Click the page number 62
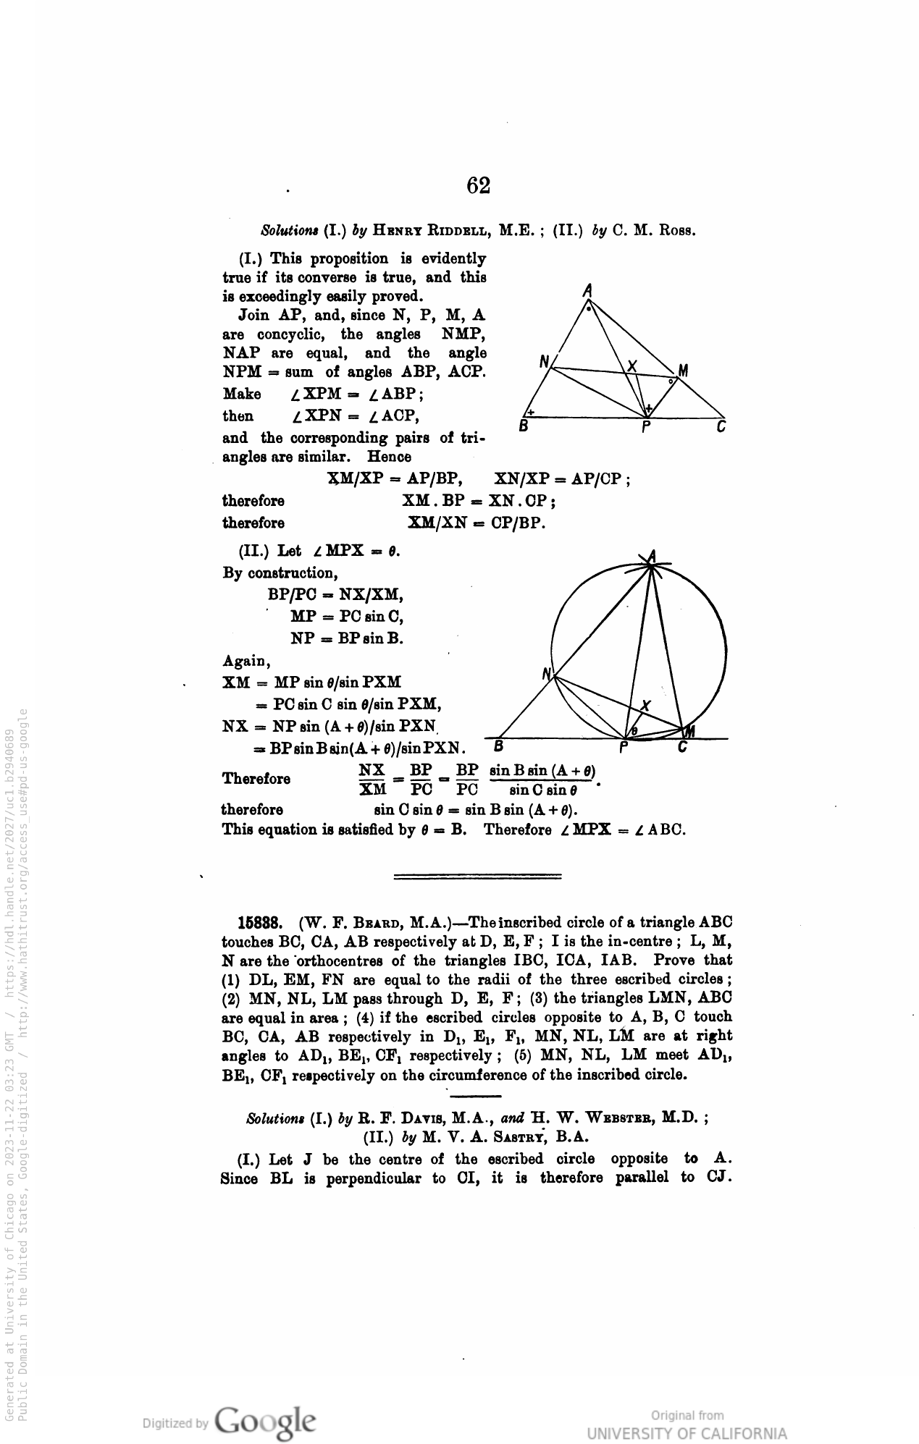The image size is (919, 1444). pos(479,186)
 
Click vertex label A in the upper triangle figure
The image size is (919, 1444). pos(588,291)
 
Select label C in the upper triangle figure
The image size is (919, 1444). pos(721,427)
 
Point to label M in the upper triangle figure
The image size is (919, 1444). pos(682,371)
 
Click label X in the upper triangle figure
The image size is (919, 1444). pos(632,366)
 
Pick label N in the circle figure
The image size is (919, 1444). pos(547,674)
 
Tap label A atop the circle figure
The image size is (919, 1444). pos(652,556)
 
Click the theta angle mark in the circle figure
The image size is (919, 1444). pos(634,731)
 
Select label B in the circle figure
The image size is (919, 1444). pos(498,746)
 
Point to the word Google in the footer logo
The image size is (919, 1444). pos(265,1420)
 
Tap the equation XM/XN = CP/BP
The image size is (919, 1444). pos(476,523)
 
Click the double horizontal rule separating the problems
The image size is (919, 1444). pos(478,877)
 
